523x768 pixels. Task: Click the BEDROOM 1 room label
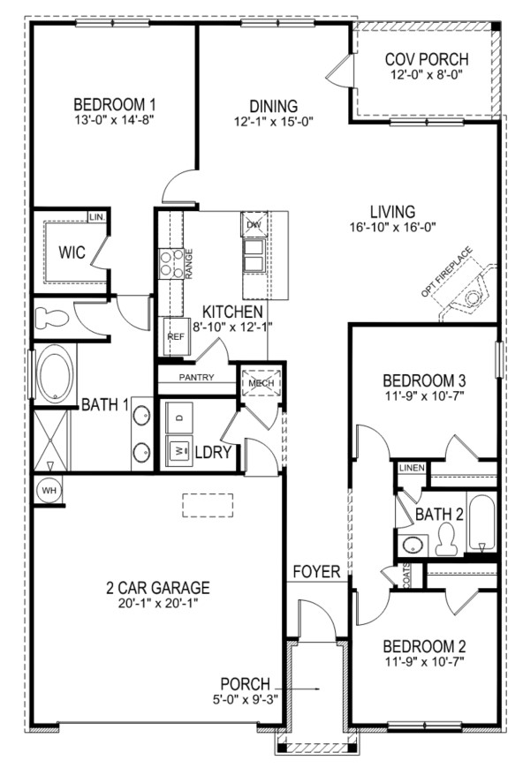[114, 105]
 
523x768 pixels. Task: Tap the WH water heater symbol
[49, 490]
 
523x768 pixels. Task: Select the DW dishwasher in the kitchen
[254, 224]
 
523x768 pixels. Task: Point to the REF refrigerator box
[176, 336]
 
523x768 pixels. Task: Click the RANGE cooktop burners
[171, 264]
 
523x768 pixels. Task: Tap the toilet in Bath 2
[445, 538]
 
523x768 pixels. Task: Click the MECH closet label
[261, 383]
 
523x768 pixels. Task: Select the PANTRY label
[196, 377]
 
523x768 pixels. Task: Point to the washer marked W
[179, 450]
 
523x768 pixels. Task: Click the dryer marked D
[179, 418]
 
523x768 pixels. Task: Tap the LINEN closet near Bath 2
[412, 468]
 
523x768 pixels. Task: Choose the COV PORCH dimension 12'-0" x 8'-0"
[427, 75]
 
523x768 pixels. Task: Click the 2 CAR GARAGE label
[158, 587]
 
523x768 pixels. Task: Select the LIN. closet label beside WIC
[97, 216]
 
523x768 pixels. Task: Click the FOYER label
[316, 571]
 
